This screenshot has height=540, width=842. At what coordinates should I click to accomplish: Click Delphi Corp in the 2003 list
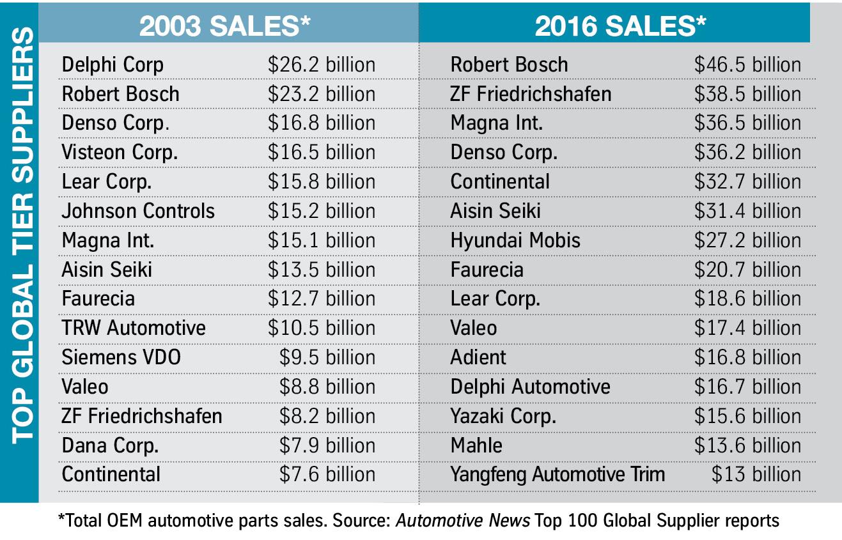[113, 65]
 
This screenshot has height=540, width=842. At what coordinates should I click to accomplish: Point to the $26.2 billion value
[321, 65]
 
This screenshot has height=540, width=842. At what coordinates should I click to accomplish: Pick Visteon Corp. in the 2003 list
[120, 152]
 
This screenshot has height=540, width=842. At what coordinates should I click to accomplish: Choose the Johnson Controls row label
[138, 211]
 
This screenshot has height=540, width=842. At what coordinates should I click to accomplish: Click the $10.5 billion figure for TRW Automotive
[321, 328]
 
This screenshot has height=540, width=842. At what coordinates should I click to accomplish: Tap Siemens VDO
[121, 357]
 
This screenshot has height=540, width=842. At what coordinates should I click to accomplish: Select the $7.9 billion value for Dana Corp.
[327, 445]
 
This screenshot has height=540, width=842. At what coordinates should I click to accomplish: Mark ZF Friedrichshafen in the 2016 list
[531, 94]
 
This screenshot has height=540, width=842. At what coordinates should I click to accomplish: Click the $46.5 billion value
[747, 65]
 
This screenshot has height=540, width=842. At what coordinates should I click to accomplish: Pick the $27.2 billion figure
[747, 240]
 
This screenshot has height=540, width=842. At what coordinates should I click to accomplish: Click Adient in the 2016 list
[478, 357]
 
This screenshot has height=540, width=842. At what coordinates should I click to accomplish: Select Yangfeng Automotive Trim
[557, 474]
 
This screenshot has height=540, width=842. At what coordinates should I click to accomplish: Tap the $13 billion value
[756, 474]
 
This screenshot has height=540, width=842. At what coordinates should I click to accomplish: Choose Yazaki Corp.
[503, 416]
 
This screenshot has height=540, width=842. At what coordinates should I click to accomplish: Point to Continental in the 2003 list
[111, 474]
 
